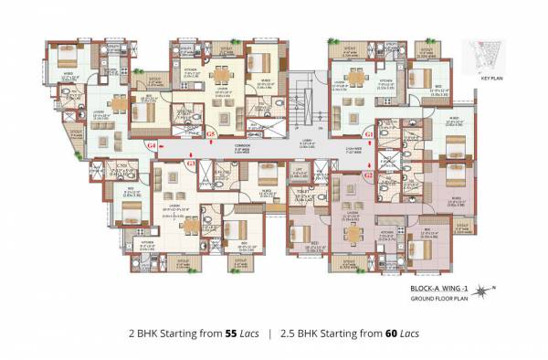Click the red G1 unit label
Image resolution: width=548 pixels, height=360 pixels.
[x=369, y=134]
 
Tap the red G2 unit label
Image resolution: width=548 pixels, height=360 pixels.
[x=369, y=174]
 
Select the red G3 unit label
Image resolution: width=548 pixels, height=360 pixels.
[x=191, y=164]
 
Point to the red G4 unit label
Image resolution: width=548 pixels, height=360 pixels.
[x=152, y=145]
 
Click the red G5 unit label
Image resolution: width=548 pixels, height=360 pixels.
[x=211, y=134]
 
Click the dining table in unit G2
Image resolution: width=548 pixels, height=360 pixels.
[x=352, y=230]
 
